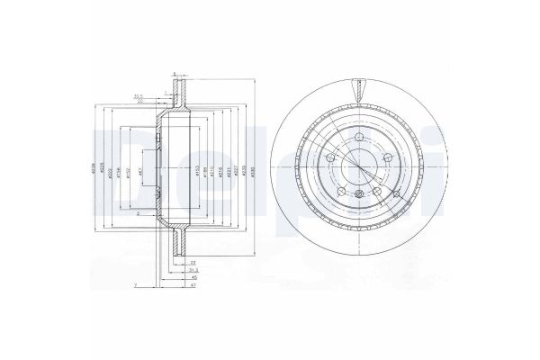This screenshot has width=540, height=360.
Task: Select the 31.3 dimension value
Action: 194,270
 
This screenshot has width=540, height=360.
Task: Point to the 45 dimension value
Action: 194,278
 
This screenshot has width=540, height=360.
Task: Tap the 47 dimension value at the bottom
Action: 194,286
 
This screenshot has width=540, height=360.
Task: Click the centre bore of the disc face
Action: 359,166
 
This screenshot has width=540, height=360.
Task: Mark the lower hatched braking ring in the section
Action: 175,240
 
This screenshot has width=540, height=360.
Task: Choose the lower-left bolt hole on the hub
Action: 342,190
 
